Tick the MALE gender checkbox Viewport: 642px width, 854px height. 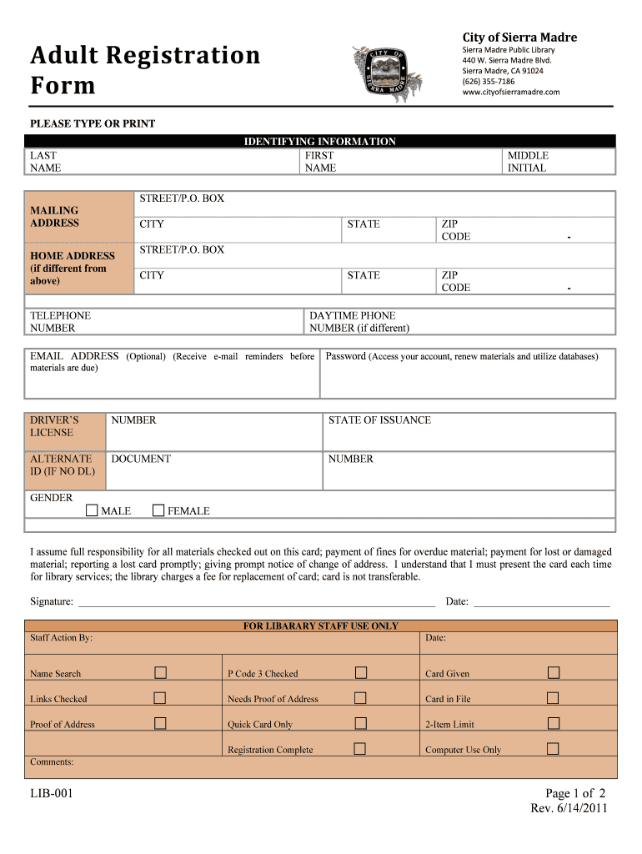pyautogui.click(x=92, y=510)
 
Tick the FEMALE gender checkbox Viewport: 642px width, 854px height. pyautogui.click(x=158, y=510)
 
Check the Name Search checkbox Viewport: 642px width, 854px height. pyautogui.click(x=160, y=673)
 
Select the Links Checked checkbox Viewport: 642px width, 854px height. pyautogui.click(x=160, y=698)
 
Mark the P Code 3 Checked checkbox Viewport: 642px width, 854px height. pyautogui.click(x=361, y=673)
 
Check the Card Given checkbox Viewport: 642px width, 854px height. pyautogui.click(x=553, y=673)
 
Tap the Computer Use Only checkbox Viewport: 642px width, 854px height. pyautogui.click(x=553, y=749)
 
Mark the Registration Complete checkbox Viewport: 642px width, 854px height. pyautogui.click(x=360, y=749)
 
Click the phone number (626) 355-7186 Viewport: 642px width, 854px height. pyautogui.click(x=489, y=82)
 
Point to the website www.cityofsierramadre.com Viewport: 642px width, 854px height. pyautogui.click(x=511, y=93)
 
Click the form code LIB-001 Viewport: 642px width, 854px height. pyautogui.click(x=52, y=793)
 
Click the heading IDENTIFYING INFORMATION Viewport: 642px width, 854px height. pyautogui.click(x=319, y=142)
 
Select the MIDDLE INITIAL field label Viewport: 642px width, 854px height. pyautogui.click(x=528, y=162)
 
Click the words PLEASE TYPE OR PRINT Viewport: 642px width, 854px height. pyautogui.click(x=93, y=123)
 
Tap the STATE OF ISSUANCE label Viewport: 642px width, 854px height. pyautogui.click(x=379, y=420)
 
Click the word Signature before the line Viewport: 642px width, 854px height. pyautogui.click(x=52, y=601)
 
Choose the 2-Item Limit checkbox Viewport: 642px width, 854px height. pyautogui.click(x=553, y=723)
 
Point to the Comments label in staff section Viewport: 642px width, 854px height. pyautogui.click(x=52, y=761)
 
